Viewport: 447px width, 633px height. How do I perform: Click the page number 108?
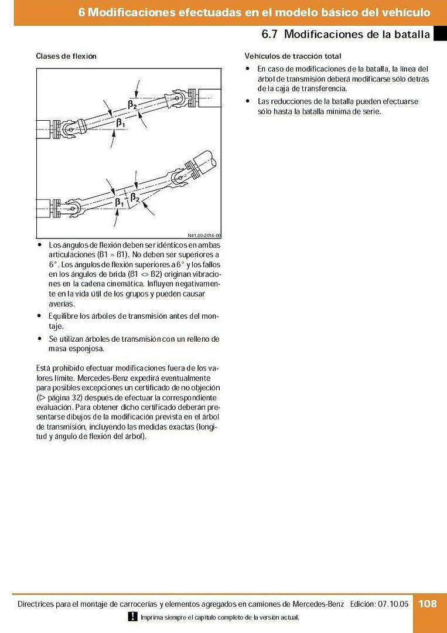(428, 603)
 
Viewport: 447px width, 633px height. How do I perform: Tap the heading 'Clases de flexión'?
(66, 56)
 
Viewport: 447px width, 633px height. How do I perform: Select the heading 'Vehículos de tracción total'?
(292, 56)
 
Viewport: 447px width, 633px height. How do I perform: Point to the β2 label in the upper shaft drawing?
(133, 104)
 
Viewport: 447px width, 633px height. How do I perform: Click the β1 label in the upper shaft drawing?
(120, 123)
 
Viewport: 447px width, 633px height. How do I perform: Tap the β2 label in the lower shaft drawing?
(135, 198)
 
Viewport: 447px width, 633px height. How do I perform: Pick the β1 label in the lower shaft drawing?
(120, 202)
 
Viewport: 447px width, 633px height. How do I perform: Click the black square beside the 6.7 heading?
(440, 34)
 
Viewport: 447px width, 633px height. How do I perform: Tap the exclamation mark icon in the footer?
(133, 617)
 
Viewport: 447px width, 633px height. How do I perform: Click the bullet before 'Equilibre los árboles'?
(39, 316)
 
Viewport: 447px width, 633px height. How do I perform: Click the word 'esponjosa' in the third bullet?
(87, 349)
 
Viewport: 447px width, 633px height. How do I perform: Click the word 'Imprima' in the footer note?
(151, 617)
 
